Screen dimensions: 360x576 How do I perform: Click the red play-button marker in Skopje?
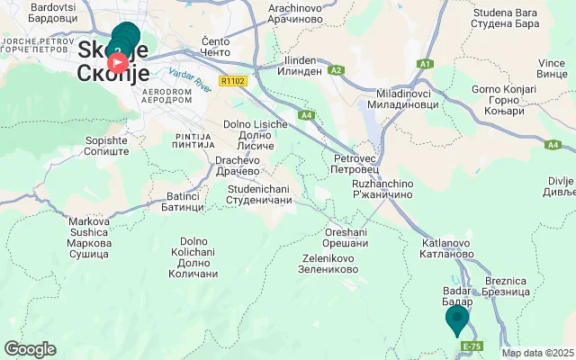click(118, 63)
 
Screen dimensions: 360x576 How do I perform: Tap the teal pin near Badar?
click(457, 318)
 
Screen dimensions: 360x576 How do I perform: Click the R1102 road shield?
click(232, 81)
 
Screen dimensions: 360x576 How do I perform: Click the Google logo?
click(30, 348)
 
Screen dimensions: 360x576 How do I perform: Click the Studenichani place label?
click(261, 193)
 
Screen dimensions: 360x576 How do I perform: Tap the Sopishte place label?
click(106, 147)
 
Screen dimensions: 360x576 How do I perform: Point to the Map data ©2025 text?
click(537, 353)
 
